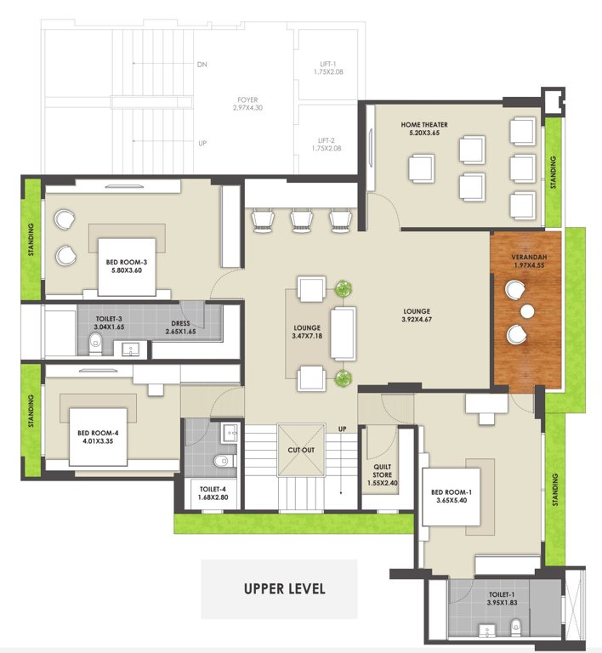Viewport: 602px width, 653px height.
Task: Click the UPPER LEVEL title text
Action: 284,588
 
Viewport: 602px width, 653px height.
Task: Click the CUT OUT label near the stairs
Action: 301,449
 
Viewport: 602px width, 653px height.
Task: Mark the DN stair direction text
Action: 202,65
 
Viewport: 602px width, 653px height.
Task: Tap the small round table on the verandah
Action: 525,309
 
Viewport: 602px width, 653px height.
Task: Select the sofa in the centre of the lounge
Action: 343,333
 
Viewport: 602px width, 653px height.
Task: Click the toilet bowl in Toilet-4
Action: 223,462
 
